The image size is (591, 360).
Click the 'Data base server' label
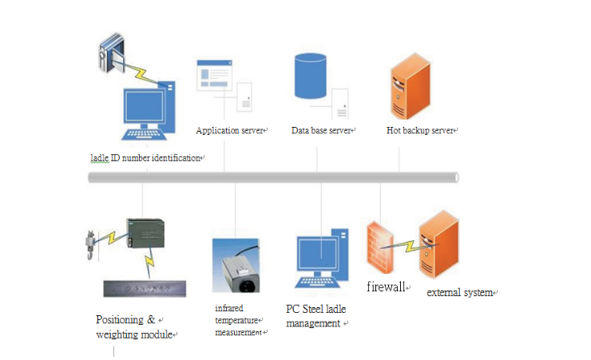[321, 130]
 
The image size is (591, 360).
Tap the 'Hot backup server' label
[420, 130]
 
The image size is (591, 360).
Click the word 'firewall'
[386, 287]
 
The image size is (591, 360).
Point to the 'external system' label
[459, 293]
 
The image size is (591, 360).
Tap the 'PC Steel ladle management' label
[316, 315]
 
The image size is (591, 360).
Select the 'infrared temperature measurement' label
[239, 319]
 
